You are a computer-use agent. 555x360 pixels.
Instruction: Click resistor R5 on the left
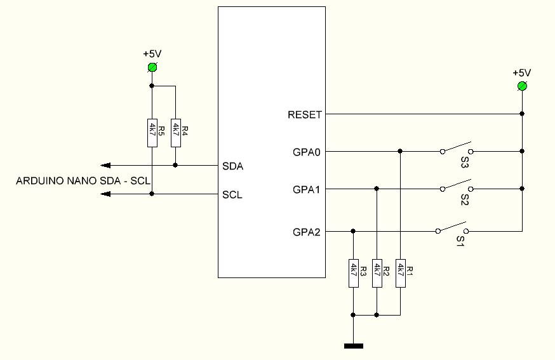click(152, 132)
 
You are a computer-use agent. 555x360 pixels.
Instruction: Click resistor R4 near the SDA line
click(175, 132)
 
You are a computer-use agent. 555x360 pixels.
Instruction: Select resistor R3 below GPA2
click(353, 273)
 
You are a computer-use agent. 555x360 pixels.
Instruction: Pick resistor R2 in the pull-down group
click(377, 273)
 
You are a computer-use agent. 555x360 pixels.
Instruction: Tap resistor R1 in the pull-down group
click(400, 273)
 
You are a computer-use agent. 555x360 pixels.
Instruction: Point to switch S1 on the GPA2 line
click(452, 230)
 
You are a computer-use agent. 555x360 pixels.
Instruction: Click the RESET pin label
click(305, 115)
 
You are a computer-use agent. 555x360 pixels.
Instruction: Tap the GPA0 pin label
click(307, 152)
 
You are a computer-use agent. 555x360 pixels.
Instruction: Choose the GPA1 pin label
click(307, 189)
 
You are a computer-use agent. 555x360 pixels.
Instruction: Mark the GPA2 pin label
click(307, 232)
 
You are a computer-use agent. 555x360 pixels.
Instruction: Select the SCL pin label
click(232, 195)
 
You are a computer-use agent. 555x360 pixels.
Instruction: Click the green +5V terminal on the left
click(152, 67)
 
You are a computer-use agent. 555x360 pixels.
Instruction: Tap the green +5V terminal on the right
click(522, 86)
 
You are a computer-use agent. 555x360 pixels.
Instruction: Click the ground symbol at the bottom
click(354, 346)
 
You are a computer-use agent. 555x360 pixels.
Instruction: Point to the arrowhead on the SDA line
click(107, 165)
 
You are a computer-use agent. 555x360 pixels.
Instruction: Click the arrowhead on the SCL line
click(107, 194)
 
